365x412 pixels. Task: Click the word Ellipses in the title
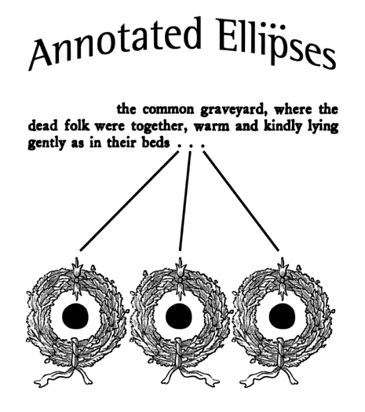tap(276, 43)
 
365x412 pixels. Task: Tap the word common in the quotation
tap(168, 111)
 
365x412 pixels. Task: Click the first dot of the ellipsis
tap(179, 145)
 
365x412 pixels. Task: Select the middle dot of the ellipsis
tap(191, 145)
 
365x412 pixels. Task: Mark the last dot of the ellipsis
tap(203, 145)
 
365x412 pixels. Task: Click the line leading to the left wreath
tap(130, 201)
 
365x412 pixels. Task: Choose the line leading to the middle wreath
tap(185, 201)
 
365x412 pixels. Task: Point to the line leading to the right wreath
tap(241, 201)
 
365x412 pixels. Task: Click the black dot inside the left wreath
tap(75, 316)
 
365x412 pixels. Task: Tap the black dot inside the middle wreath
tap(179, 316)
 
